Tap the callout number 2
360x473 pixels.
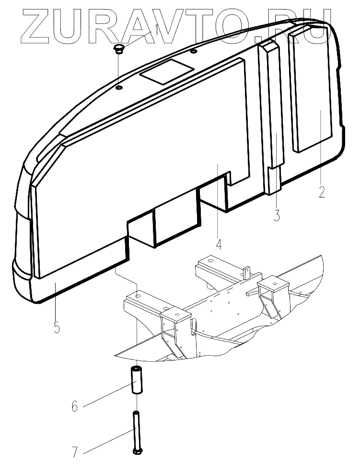322,192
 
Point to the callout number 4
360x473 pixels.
219,244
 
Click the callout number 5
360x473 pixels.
57,328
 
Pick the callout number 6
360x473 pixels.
74,407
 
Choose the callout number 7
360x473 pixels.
75,452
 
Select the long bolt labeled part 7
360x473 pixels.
137,431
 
